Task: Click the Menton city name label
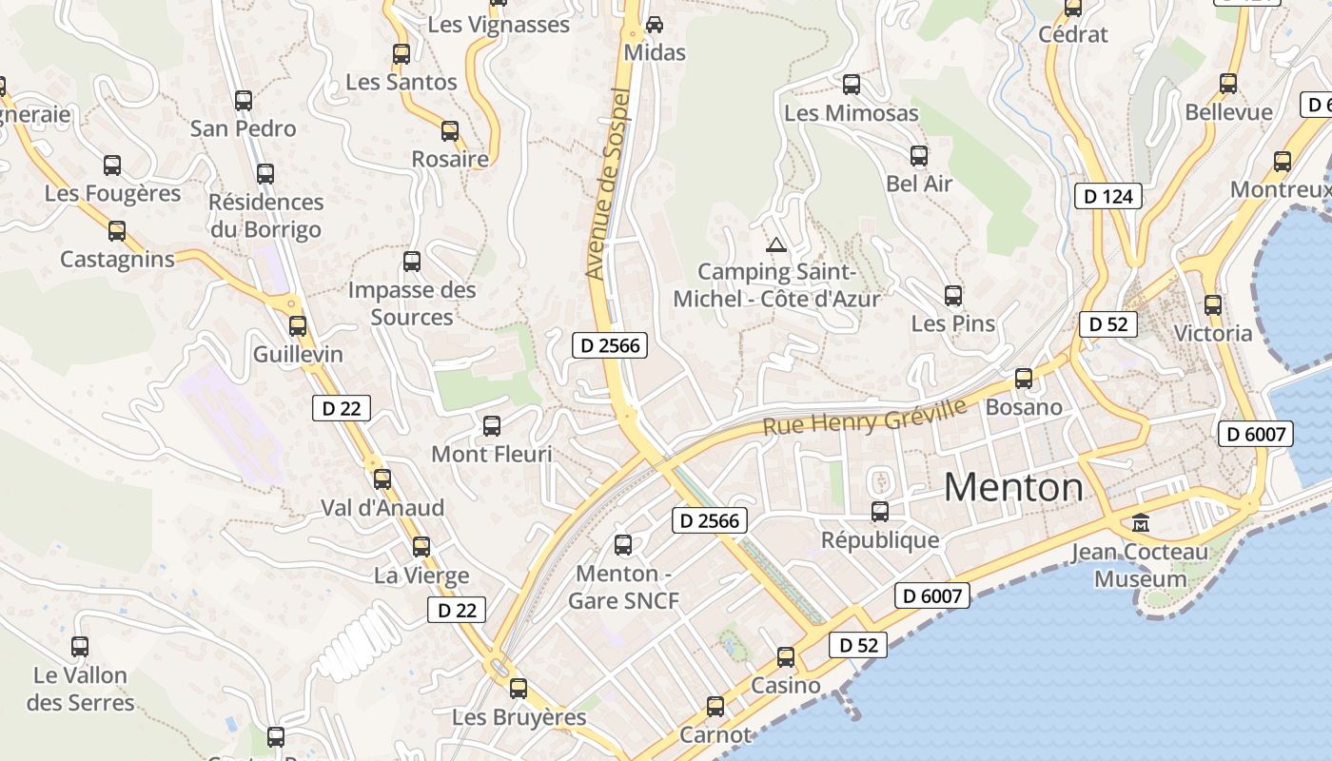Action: click(x=1013, y=488)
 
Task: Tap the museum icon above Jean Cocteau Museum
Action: click(x=1140, y=522)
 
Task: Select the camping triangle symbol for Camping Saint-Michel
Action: click(x=776, y=244)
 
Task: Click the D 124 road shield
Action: click(x=1107, y=197)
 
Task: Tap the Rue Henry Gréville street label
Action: click(x=864, y=417)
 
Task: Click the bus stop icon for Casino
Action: click(x=786, y=657)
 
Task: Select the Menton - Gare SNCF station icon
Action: click(x=623, y=545)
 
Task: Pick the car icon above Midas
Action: click(x=655, y=24)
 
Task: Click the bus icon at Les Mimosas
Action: click(x=852, y=85)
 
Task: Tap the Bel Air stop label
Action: click(x=919, y=184)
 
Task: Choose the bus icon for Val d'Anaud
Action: click(x=382, y=479)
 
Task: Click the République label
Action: click(x=880, y=540)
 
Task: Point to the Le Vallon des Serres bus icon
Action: click(x=80, y=647)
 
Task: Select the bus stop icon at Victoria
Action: click(x=1213, y=305)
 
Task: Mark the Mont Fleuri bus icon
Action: click(x=492, y=426)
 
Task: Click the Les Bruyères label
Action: click(x=519, y=717)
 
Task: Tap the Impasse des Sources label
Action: click(x=412, y=303)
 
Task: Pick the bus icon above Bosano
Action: click(x=1024, y=379)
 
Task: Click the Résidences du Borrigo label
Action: click(x=266, y=216)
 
